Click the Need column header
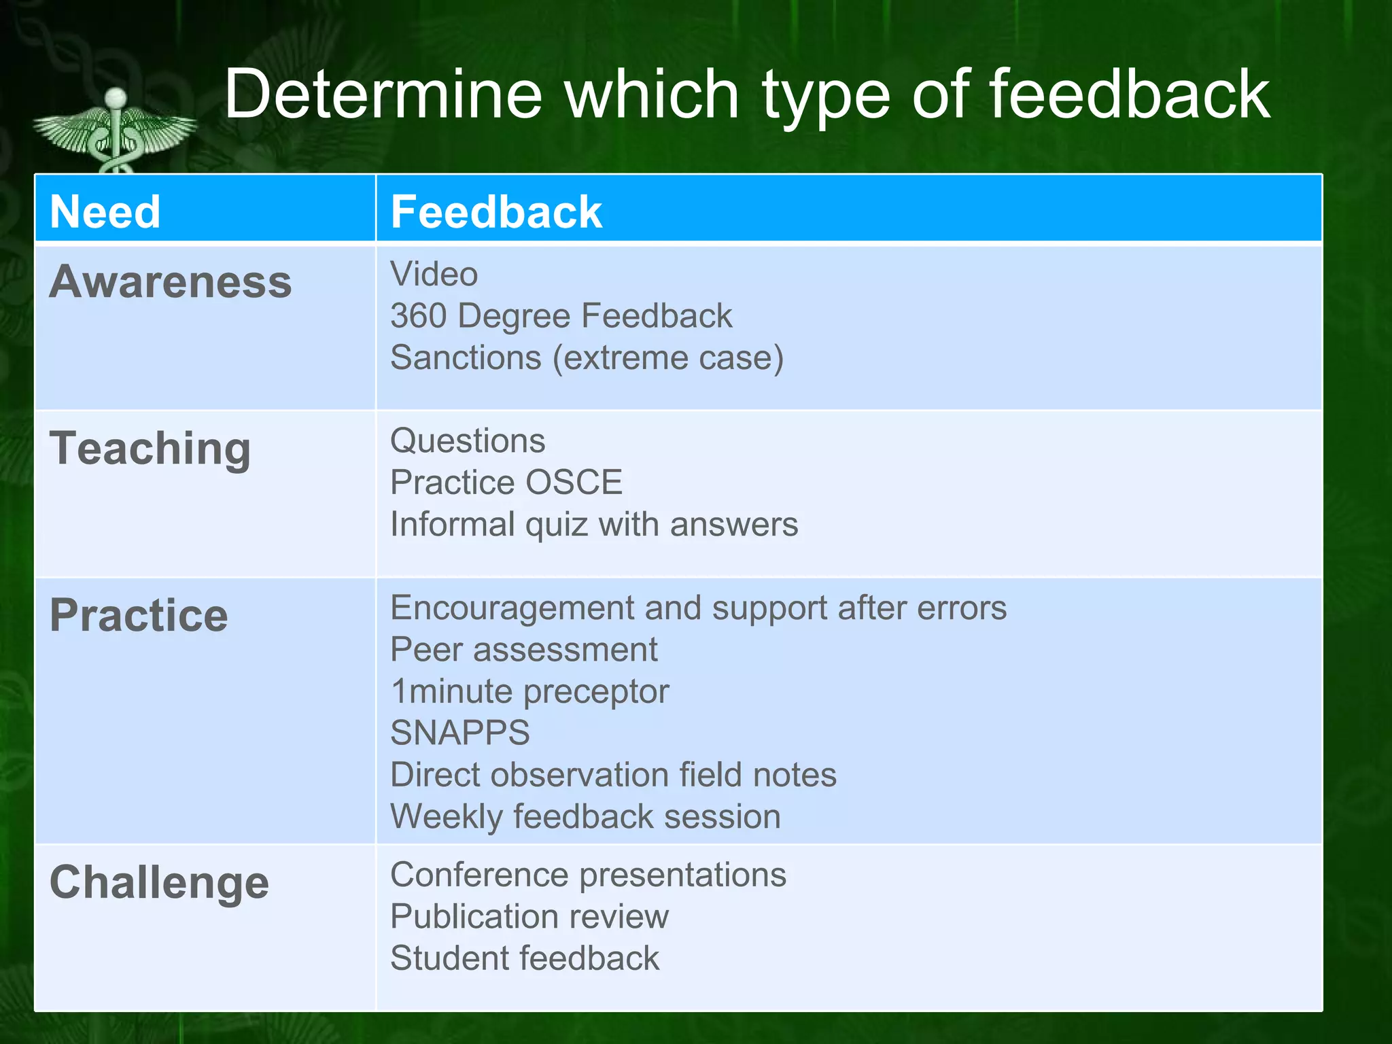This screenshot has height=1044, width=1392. coord(105,211)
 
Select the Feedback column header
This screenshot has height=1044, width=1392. coord(496,211)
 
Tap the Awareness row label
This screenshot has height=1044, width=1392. coord(171,281)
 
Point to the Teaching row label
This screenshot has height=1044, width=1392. coord(150,449)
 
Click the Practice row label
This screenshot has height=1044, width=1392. coord(139,615)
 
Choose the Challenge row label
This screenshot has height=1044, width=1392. coord(159,882)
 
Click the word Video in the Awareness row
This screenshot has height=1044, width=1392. coord(434,275)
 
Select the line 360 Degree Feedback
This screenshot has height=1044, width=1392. coord(561,316)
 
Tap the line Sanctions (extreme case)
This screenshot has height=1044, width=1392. coord(587,358)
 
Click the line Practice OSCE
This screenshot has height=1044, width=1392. coord(506,483)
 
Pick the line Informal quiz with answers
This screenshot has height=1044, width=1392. coord(593,525)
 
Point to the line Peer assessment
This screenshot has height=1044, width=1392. coord(523,650)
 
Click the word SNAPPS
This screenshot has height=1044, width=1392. coord(459,733)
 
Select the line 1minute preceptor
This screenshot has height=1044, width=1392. coord(529,691)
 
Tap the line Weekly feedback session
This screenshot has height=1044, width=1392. coord(585,816)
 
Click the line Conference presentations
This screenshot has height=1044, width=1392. coord(588,875)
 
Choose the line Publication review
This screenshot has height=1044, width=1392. coord(529,916)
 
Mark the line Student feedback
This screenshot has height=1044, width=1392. coord(524,958)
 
